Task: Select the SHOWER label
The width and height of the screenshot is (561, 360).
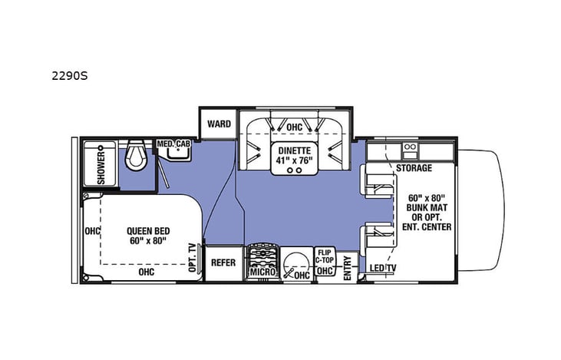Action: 101,165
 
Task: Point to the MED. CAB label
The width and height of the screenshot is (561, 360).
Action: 173,144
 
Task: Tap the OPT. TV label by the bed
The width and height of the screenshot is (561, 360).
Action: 192,258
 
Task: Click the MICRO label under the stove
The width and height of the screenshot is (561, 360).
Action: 262,272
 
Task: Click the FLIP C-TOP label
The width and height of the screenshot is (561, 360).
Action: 325,255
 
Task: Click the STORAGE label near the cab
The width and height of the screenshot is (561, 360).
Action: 414,168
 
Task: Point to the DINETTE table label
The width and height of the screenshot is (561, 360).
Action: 295,154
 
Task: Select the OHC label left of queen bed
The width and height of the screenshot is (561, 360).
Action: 92,231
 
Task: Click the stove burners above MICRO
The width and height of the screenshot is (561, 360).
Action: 262,255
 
